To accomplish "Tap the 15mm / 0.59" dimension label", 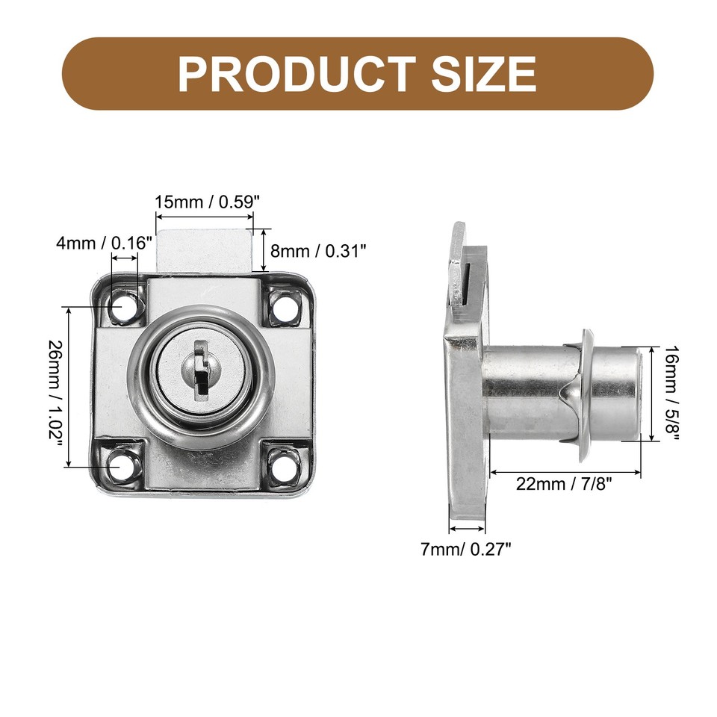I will (x=207, y=202).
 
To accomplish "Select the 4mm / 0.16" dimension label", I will (x=105, y=243).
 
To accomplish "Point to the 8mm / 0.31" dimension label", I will (x=318, y=251).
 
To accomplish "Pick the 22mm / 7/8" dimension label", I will (x=565, y=484).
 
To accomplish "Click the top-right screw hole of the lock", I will (x=284, y=306).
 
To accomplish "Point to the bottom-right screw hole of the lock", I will (x=284, y=467).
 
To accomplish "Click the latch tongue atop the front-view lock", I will (x=205, y=250).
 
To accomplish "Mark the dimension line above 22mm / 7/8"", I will (x=565, y=472).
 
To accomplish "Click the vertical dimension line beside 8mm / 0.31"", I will (x=263, y=249).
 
